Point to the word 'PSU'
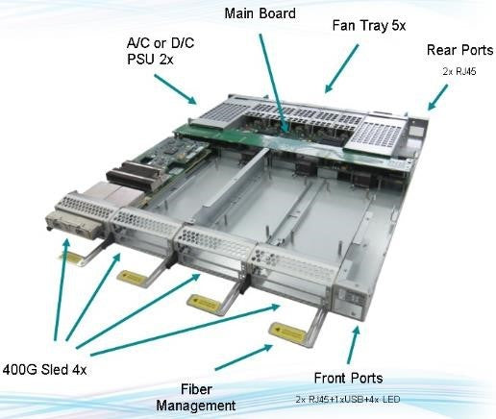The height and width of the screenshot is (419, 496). coord(149,61)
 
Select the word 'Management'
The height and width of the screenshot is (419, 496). coord(195,405)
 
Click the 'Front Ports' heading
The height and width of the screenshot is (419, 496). coord(349,378)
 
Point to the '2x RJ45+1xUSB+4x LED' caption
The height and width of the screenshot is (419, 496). coord(349,398)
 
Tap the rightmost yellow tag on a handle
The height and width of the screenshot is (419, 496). coord(286,330)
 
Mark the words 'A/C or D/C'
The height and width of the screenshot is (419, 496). coord(160,44)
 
